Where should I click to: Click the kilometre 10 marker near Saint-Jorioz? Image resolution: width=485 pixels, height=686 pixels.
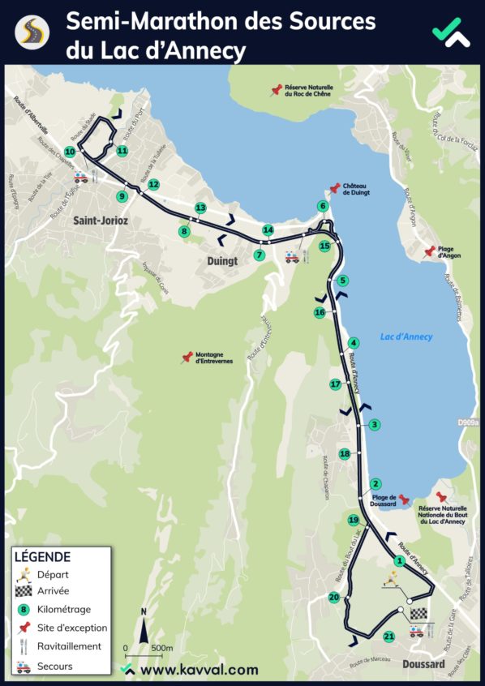point(70,152)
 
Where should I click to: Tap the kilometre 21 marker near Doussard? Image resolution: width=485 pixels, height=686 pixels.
point(388,637)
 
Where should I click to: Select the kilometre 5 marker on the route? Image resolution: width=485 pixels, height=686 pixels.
point(343,281)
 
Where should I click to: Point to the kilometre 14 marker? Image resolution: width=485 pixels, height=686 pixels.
point(268,230)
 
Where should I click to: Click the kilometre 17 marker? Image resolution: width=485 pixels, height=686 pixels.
point(335,384)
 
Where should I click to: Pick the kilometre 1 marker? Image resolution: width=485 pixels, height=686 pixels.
point(399,560)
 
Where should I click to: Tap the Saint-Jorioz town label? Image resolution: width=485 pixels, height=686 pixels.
point(101,221)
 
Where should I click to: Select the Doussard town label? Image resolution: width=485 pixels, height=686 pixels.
point(423,664)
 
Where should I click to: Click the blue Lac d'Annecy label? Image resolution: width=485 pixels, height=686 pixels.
point(406,337)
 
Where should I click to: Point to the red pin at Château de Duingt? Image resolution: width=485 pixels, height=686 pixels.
point(335,189)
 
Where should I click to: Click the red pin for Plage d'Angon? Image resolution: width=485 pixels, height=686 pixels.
point(430,251)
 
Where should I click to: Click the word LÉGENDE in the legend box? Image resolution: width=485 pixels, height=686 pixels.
point(42,557)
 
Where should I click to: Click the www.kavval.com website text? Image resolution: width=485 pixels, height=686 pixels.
point(199,670)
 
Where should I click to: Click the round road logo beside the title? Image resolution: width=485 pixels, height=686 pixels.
point(32,32)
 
